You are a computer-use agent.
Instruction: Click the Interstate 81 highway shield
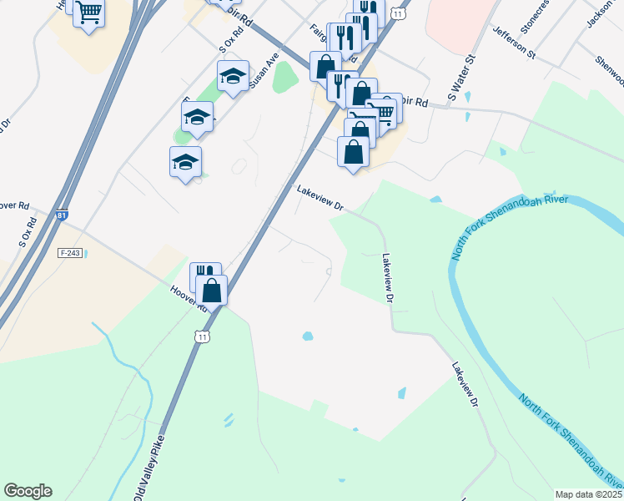(62, 215)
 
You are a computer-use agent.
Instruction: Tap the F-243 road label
(70, 252)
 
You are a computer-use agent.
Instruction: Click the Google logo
(28, 491)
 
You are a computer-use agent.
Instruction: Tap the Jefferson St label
(513, 42)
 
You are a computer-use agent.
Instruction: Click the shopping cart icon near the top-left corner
(88, 13)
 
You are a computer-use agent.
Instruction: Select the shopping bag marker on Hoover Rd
(212, 291)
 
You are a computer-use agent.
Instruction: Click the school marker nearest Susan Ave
(233, 77)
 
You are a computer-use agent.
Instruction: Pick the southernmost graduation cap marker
(185, 162)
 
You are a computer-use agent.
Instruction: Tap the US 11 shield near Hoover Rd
(201, 337)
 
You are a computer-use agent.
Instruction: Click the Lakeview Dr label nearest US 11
(320, 198)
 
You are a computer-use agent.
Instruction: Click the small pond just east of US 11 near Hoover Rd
(308, 337)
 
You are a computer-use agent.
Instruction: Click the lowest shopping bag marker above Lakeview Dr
(354, 153)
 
